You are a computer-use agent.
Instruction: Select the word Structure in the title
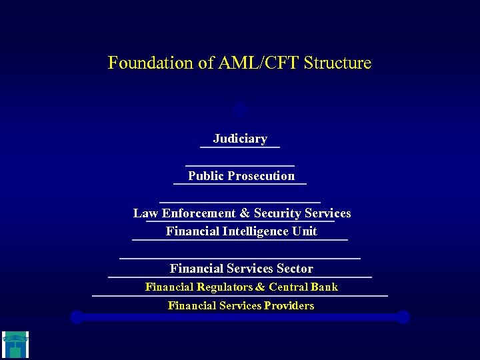pyautogui.click(x=337, y=63)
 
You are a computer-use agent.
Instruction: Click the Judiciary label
pyautogui.click(x=240, y=139)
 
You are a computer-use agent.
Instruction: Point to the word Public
pyautogui.click(x=205, y=176)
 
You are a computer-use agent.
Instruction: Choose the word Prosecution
pyautogui.click(x=261, y=176)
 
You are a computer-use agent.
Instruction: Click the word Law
pyautogui.click(x=145, y=213)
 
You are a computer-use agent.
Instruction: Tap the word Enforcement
pyautogui.click(x=198, y=213)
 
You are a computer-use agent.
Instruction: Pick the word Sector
pyautogui.click(x=295, y=269)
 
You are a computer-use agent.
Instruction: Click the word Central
pyautogui.click(x=288, y=287)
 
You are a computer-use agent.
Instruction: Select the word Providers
pyautogui.click(x=289, y=306)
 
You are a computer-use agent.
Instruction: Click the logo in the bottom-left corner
pyautogui.click(x=15, y=345)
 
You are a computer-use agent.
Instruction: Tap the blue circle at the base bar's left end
pyautogui.click(x=77, y=317)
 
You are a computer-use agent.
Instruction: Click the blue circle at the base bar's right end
pyautogui.click(x=403, y=317)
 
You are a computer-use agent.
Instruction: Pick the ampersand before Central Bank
pyautogui.click(x=260, y=287)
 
